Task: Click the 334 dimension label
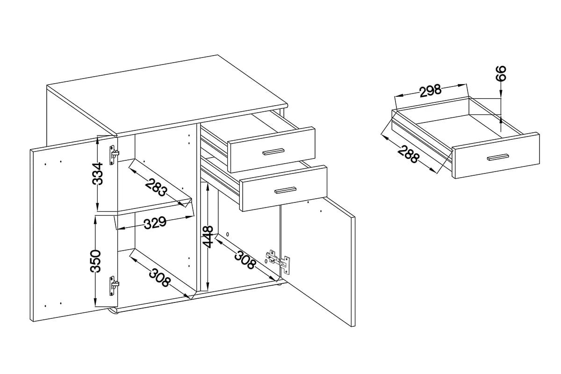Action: coord(98,173)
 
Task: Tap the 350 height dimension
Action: coord(96,261)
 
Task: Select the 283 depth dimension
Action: coord(156,187)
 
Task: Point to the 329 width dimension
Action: coord(155,223)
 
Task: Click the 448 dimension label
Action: coord(208,237)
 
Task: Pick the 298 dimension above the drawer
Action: coord(431,91)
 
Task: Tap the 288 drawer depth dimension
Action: coord(409,154)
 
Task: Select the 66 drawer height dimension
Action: coord(501,73)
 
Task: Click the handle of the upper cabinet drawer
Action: coord(273,151)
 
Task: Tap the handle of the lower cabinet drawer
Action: coord(286,190)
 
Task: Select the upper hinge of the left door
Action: coord(114,155)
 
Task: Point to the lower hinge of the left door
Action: coord(114,286)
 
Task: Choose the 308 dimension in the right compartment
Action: coord(245,259)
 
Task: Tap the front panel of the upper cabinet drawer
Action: coord(271,150)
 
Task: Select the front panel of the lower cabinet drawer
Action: coord(283,188)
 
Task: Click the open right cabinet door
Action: coord(317,261)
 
